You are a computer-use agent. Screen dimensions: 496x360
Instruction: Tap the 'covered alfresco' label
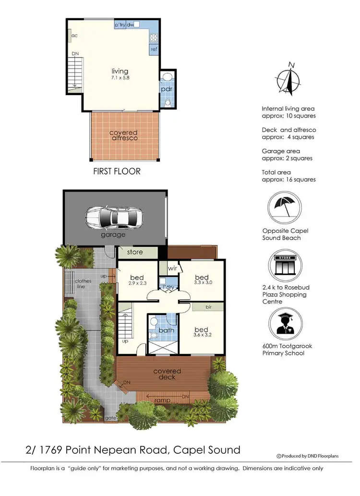coord(123,135)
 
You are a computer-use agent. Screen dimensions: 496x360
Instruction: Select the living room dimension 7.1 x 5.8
coord(120,77)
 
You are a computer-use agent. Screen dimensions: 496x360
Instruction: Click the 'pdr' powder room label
coord(167,89)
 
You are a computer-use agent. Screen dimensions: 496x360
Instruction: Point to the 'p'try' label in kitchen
coord(120,24)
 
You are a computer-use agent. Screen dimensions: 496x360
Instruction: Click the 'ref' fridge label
coord(154,49)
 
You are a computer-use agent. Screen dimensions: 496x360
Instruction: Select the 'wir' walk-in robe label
coord(173,269)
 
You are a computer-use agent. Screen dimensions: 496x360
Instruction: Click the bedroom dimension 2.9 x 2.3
coord(137,283)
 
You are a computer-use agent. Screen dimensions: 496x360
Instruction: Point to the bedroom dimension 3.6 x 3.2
coord(202,336)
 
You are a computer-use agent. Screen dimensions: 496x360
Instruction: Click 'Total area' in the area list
coord(276,172)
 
